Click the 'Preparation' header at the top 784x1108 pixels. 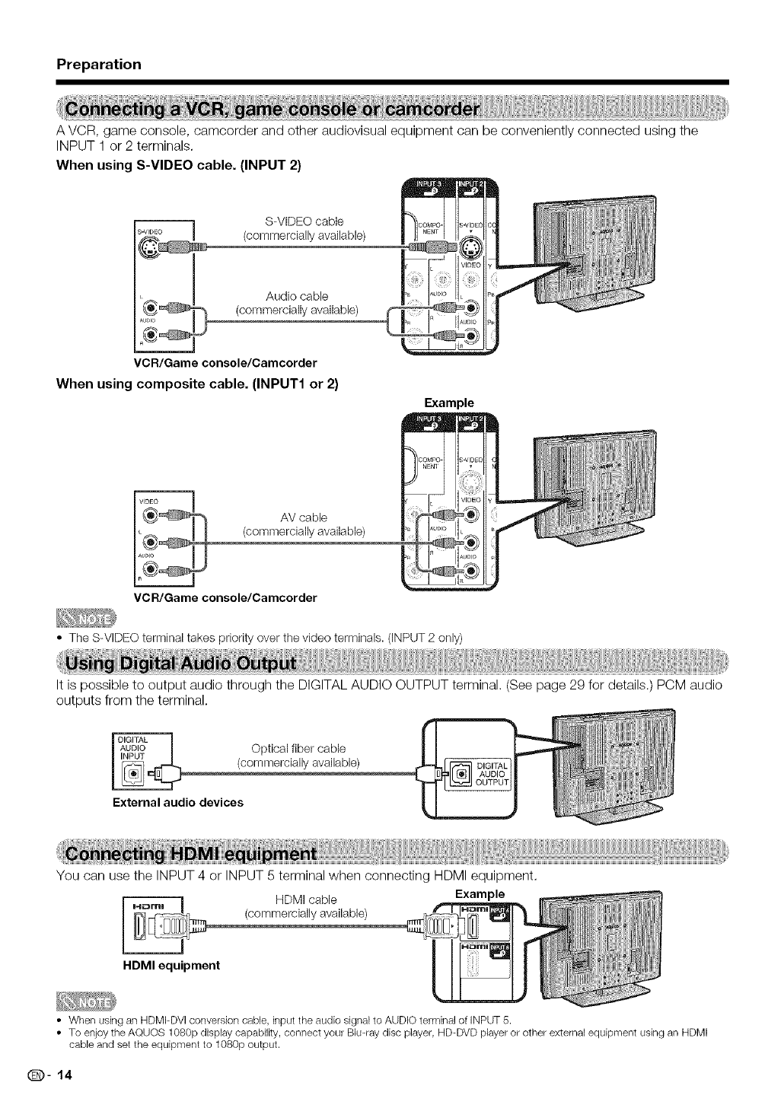coord(99,64)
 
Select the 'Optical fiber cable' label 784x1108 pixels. coord(298,748)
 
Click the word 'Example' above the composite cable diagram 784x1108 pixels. coord(449,402)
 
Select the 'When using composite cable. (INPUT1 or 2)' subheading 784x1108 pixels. coord(197,384)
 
